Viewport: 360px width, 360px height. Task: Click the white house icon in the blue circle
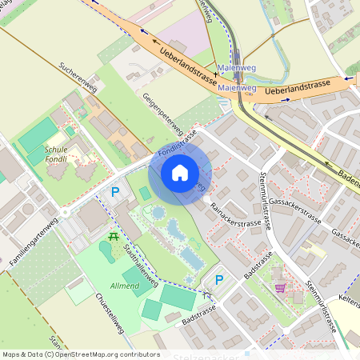(x=180, y=172)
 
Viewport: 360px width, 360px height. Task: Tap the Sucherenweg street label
(x=78, y=77)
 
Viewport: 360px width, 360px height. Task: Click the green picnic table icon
(x=114, y=237)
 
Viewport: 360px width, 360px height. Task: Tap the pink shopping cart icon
(x=280, y=288)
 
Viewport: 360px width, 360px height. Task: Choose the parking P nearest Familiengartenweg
(x=115, y=192)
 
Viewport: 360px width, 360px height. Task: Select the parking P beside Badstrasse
(x=219, y=279)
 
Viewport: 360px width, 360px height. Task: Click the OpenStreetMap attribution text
(x=80, y=354)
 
